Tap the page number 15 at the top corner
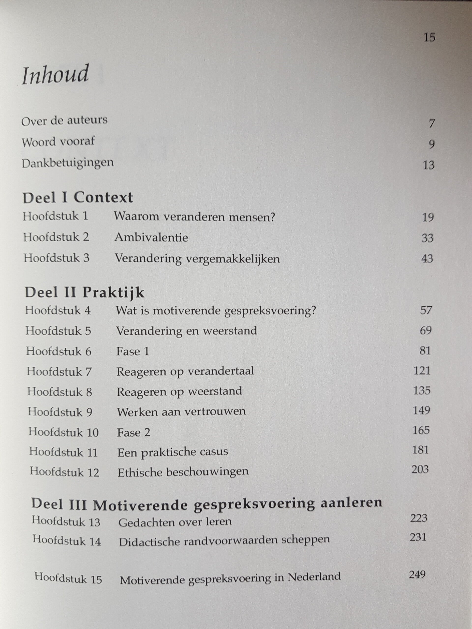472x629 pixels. pos(429,38)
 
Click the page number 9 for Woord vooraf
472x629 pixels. pos(431,144)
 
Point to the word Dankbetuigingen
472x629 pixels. pos(68,163)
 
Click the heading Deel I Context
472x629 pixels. pos(78,198)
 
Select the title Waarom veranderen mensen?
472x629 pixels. pos(195,217)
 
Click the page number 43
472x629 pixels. pos(427,258)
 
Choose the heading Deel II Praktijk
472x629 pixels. pos(85,293)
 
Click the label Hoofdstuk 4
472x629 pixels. pos(58,311)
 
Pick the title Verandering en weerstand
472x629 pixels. pos(186,331)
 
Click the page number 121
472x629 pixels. pos(422,371)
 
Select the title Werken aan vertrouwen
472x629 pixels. pos(181,412)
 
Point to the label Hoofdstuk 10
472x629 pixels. pos(63,432)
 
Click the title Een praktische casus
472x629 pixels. pos(173,452)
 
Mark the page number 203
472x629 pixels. pos(420,469)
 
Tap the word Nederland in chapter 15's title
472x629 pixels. pos(314,576)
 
